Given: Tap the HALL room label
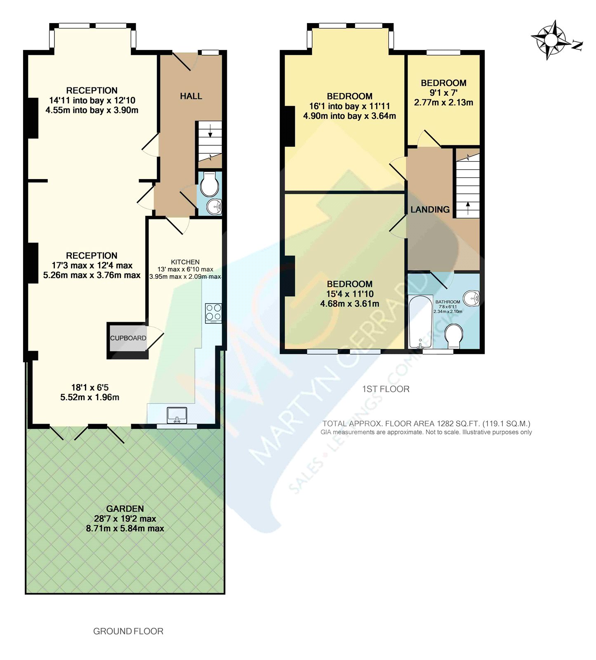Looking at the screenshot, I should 191,96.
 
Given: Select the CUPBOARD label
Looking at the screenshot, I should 128,338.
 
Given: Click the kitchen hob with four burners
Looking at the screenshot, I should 213,313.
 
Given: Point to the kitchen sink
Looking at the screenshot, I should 177,415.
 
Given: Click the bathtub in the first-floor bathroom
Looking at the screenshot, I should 420,322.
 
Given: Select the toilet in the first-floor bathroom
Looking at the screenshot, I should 454,336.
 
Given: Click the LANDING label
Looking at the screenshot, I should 430,210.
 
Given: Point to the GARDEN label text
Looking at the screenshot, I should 125,509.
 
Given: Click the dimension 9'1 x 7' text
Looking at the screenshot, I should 443,93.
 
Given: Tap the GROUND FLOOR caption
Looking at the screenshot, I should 128,631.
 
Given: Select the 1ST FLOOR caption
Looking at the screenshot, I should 386,389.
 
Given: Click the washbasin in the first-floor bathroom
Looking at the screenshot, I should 471,298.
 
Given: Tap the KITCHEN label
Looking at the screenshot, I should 185,262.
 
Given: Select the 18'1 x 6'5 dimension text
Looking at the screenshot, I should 90,387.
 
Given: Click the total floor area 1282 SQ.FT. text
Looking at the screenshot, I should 426,424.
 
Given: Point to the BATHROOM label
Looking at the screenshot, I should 448,302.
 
